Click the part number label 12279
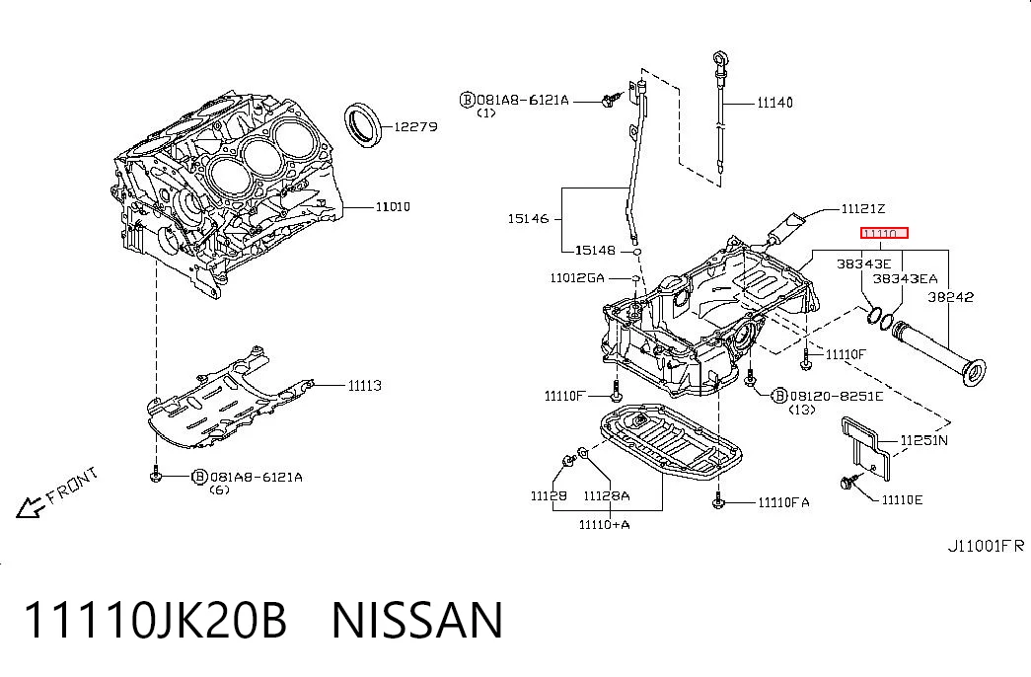(x=415, y=126)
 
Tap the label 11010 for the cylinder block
(x=393, y=206)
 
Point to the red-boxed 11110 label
(x=884, y=233)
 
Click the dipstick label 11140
(x=774, y=103)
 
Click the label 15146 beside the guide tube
(x=528, y=218)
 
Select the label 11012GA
(x=576, y=277)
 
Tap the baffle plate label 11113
(x=365, y=386)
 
